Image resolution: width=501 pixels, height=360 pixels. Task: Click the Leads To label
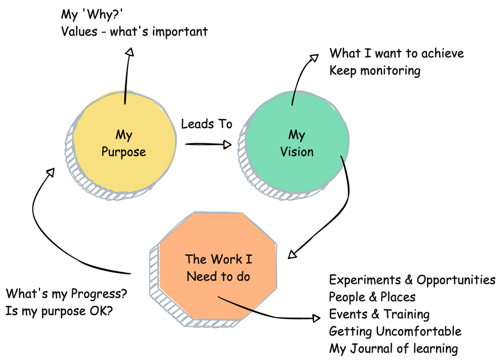click(x=206, y=124)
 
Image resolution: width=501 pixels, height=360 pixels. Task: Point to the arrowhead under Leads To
click(x=227, y=144)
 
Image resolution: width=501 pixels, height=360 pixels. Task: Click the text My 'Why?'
click(x=92, y=14)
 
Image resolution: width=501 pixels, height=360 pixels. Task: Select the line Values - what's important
click(x=134, y=32)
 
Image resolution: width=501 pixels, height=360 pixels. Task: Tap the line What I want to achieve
click(x=397, y=53)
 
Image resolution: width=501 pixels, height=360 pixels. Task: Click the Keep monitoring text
click(x=375, y=71)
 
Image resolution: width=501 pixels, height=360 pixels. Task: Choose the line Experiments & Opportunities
click(x=412, y=280)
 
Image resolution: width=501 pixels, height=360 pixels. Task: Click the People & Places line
click(x=372, y=297)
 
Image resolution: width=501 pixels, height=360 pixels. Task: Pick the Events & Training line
click(x=379, y=314)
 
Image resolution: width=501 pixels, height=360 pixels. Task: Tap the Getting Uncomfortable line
click(x=395, y=331)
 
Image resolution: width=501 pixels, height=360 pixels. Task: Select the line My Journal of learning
click(x=394, y=349)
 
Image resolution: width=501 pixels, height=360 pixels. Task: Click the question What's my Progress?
click(x=67, y=294)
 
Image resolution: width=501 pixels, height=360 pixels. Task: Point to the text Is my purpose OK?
click(x=59, y=311)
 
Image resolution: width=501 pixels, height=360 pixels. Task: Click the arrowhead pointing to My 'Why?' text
click(x=129, y=52)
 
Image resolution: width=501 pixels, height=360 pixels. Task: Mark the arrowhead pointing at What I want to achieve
click(x=314, y=57)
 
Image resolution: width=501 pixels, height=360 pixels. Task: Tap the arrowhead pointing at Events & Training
click(x=316, y=318)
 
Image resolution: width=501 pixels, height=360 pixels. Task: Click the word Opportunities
click(x=456, y=280)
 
